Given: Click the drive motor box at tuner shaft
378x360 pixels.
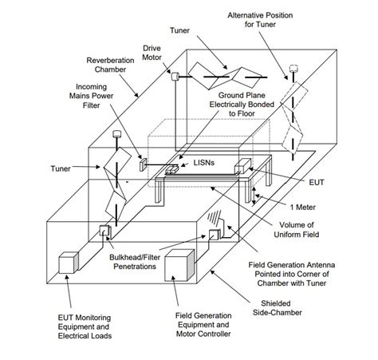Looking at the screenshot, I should [x=175, y=77].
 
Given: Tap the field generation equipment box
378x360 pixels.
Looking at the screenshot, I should [x=180, y=265].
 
